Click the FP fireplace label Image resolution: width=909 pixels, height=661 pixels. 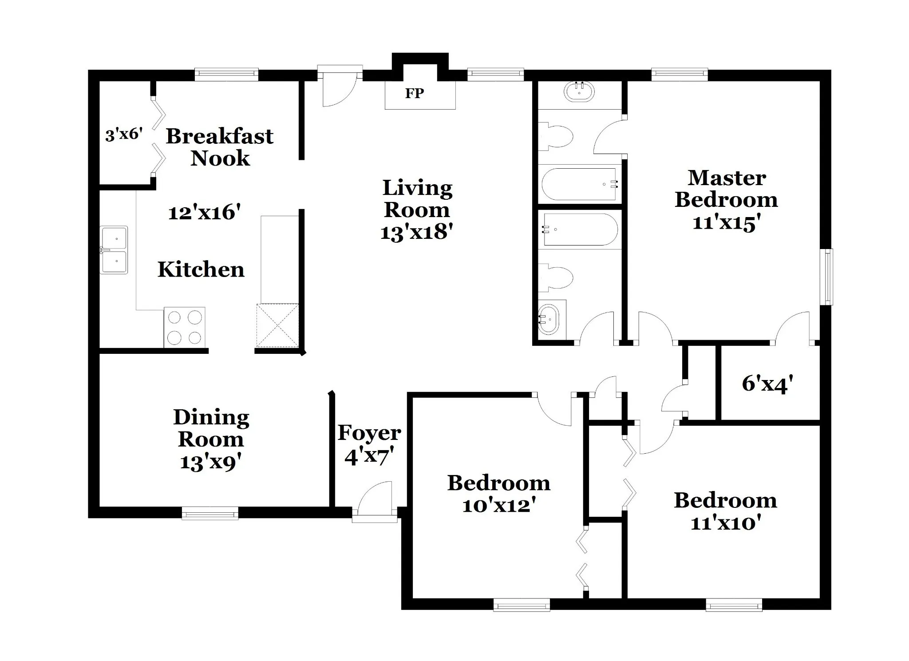tap(415, 93)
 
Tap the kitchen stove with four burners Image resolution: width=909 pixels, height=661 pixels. tap(185, 327)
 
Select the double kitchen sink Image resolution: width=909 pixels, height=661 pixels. tap(114, 250)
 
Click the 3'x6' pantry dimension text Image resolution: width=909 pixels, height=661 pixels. tap(124, 134)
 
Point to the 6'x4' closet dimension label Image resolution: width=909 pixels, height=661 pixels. tap(767, 384)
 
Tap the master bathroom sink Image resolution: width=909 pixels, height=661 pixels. tap(579, 92)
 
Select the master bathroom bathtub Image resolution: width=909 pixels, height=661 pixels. tap(579, 184)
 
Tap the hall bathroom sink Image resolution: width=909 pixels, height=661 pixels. tap(549, 320)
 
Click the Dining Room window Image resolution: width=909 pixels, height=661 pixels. tap(210, 513)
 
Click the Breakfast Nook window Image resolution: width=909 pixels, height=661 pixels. tap(226, 75)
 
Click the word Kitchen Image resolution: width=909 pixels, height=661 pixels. tap(201, 269)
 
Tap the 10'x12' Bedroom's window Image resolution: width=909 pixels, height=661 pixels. tap(522, 605)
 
